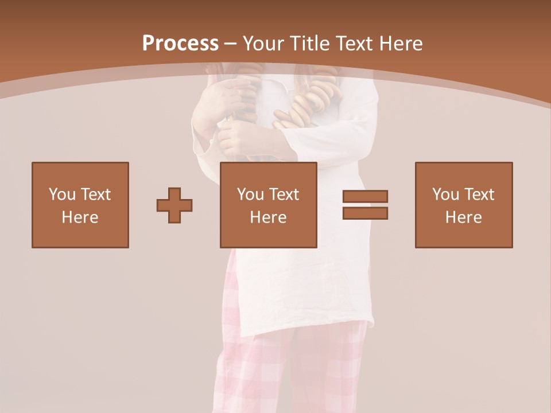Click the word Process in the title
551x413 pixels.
pyautogui.click(x=180, y=43)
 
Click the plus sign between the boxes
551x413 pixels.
pyautogui.click(x=174, y=205)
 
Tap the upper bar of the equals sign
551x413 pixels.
pyautogui.click(x=365, y=197)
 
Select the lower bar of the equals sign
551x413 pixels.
pyautogui.click(x=365, y=213)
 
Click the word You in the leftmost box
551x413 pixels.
pyautogui.click(x=61, y=194)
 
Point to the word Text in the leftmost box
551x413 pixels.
pyautogui.click(x=95, y=194)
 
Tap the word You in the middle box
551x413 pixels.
pyautogui.click(x=250, y=194)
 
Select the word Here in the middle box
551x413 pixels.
pyautogui.click(x=269, y=217)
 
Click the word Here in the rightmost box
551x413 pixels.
pyautogui.click(x=464, y=217)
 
